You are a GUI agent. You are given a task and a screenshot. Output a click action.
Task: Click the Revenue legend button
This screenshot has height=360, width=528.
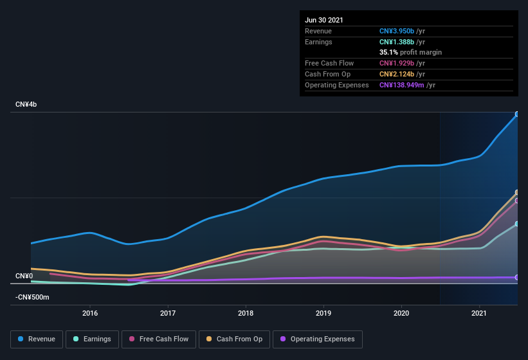(37, 339)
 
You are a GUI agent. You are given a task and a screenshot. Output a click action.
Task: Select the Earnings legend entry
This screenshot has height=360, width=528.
(91, 339)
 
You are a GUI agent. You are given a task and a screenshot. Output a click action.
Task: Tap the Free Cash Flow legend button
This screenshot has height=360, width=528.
(159, 339)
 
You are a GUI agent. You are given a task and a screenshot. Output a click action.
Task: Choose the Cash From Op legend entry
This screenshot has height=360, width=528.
(234, 339)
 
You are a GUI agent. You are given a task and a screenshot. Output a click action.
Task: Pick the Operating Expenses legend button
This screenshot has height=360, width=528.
(318, 339)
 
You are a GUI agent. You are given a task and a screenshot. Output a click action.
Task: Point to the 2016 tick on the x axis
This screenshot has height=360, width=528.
(90, 314)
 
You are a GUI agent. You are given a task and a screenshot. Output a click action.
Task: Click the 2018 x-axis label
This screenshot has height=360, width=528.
(246, 314)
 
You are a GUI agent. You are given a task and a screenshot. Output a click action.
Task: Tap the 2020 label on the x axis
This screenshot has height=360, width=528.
(401, 314)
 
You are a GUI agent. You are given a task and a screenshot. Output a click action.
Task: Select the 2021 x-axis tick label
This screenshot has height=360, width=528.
(479, 314)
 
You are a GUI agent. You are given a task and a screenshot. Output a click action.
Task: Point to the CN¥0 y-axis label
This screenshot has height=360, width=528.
(24, 276)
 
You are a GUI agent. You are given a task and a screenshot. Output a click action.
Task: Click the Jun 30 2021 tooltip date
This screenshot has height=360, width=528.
(324, 20)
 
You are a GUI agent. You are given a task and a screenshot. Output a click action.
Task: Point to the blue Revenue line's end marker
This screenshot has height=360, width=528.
(517, 114)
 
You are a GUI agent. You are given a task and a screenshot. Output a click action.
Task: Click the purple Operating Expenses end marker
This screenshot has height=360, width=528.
(517, 277)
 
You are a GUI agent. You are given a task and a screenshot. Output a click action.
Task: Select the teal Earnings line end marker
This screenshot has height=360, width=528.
(517, 224)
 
